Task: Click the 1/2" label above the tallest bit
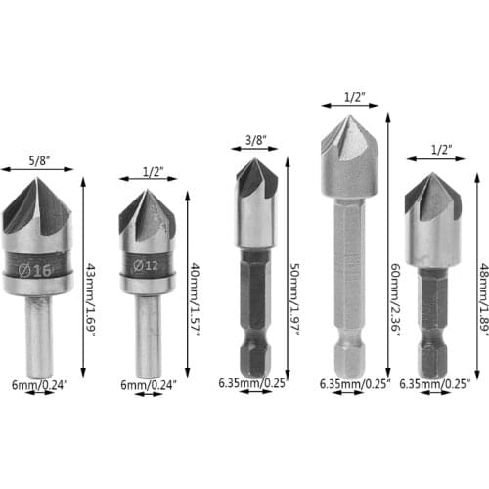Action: (354, 97)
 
